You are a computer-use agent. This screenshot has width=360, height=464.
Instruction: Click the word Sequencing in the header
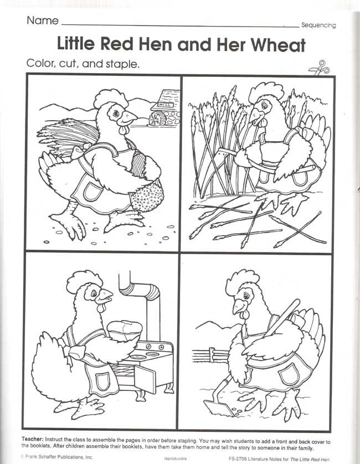pos(318,25)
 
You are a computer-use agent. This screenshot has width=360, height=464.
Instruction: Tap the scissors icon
pos(319,68)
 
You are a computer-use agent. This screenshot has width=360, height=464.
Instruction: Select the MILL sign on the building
pos(164,105)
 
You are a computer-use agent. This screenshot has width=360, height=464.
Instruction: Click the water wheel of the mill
pos(154,118)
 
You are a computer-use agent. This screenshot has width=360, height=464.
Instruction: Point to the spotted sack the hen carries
pos(147,195)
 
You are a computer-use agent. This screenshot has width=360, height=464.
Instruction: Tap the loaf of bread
pos(125,329)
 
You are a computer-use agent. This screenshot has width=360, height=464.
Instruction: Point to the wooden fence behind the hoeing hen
pos(211,355)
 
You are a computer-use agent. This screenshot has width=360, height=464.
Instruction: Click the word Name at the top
pos(43,20)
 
